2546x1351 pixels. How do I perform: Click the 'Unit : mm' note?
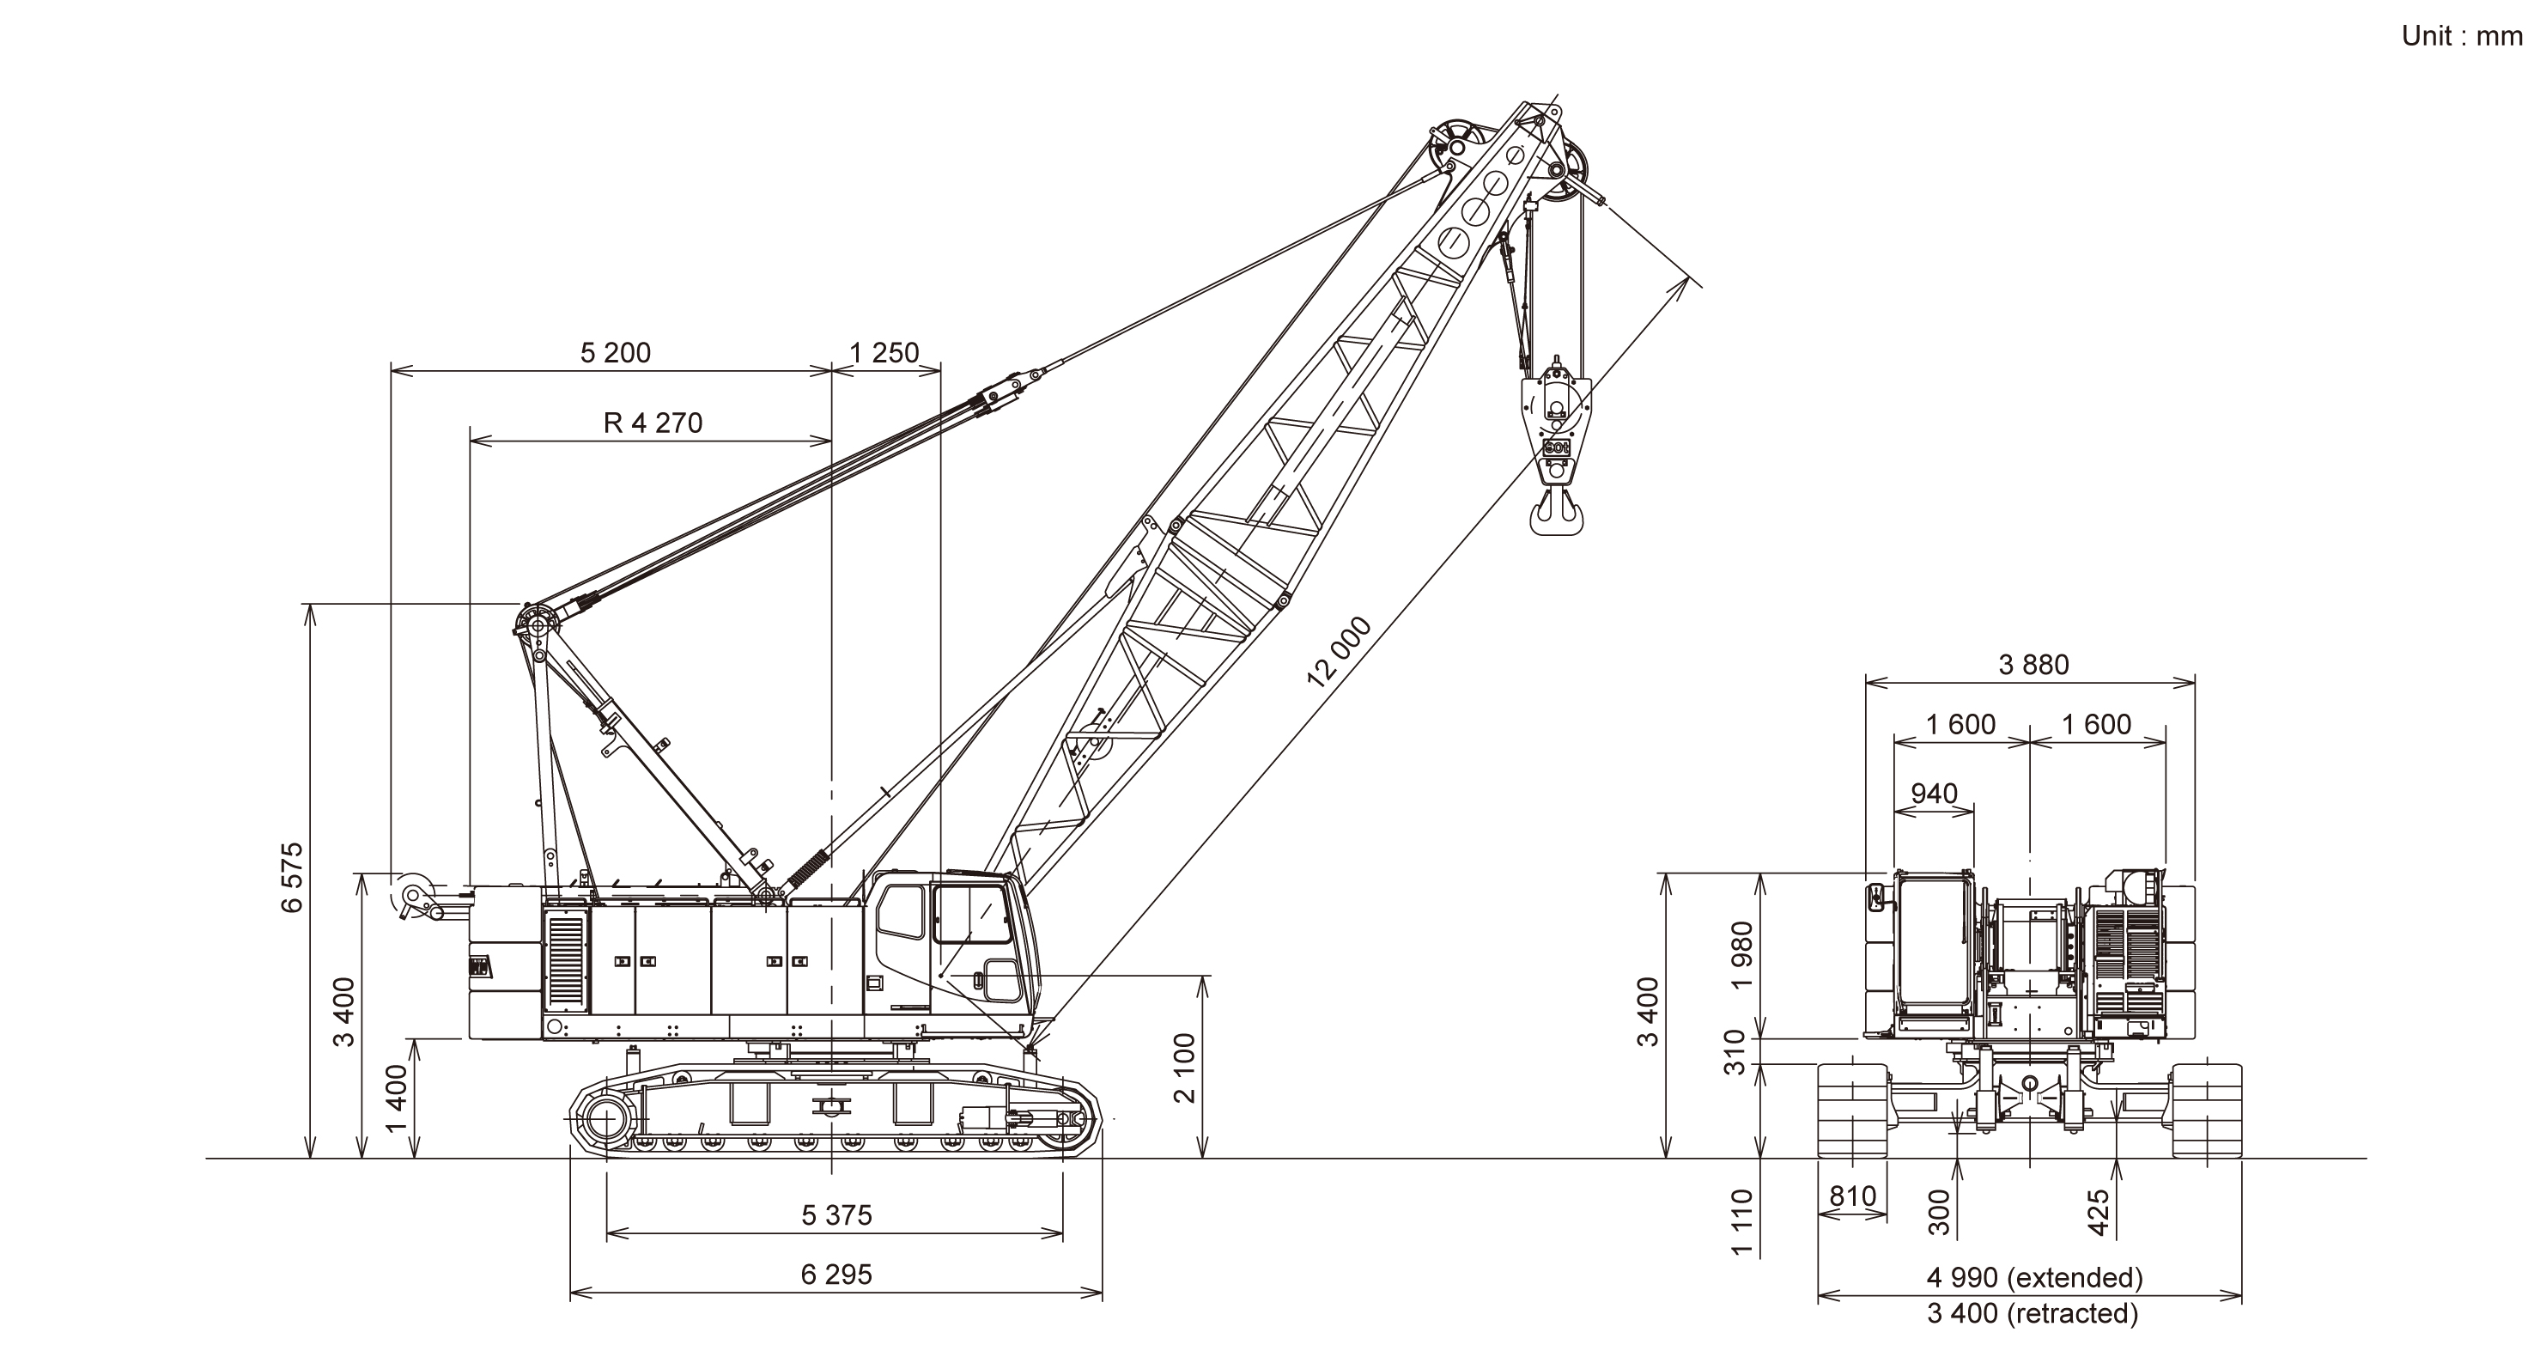2462,37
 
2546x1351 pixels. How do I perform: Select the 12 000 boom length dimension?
1340,651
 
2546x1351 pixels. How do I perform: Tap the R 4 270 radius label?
653,423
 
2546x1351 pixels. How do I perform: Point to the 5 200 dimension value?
615,353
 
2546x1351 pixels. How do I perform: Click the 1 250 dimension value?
884,353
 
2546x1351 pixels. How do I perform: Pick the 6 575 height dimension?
293,878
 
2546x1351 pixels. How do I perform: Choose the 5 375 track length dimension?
836,1214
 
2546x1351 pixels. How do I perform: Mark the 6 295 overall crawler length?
836,1274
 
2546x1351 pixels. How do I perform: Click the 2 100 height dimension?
1184,1068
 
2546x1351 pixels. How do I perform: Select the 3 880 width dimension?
2033,664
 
